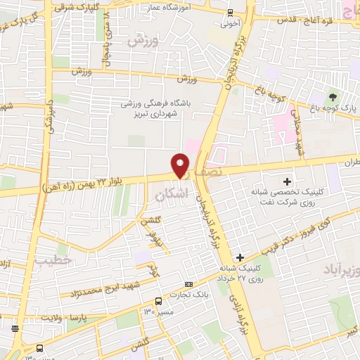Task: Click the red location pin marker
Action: pyautogui.click(x=181, y=165)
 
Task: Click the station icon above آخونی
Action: pyautogui.click(x=231, y=11)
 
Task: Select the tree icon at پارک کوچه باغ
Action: pyautogui.click(x=332, y=97)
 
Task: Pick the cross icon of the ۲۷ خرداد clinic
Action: pyautogui.click(x=241, y=258)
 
